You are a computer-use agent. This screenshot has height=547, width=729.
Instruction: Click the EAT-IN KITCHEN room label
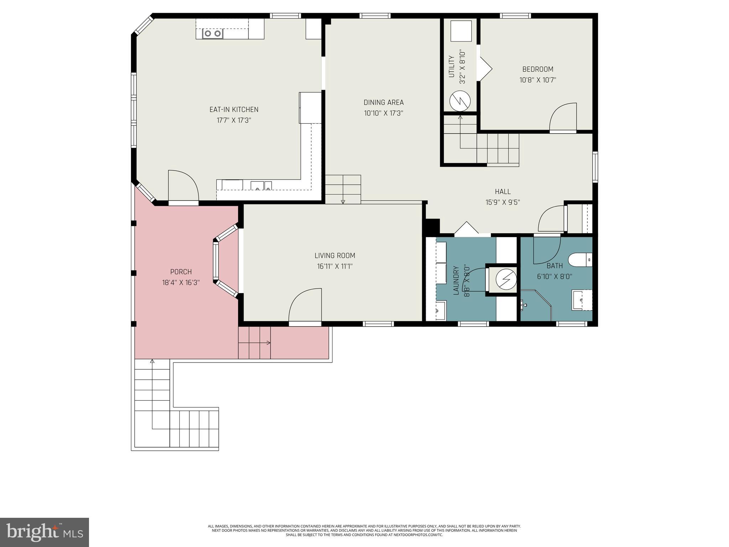pyautogui.click(x=234, y=110)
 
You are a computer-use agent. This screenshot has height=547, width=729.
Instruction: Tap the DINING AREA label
pyautogui.click(x=383, y=103)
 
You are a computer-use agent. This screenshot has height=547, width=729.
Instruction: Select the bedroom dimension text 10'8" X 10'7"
pyautogui.click(x=537, y=80)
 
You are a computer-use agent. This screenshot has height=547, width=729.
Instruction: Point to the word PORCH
pyautogui.click(x=181, y=272)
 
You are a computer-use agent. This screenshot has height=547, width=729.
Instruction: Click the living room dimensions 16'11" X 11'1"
pyautogui.click(x=335, y=266)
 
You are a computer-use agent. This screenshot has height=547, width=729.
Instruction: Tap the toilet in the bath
pyautogui.click(x=580, y=260)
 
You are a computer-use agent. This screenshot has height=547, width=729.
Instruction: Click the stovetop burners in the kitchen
pyautogui.click(x=213, y=34)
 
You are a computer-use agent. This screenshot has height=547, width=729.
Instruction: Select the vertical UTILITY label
pyautogui.click(x=451, y=67)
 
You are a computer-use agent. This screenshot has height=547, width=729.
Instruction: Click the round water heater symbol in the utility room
pyautogui.click(x=460, y=101)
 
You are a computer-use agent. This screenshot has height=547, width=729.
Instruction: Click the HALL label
pyautogui.click(x=503, y=192)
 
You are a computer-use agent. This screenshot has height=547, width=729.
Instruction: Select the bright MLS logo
pyautogui.click(x=44, y=532)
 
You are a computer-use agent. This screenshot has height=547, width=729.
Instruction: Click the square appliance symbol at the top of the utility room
pyautogui.click(x=461, y=31)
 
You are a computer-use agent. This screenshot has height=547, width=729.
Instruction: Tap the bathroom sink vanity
pyautogui.click(x=582, y=300)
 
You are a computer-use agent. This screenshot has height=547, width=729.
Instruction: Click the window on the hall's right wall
pyautogui.click(x=595, y=167)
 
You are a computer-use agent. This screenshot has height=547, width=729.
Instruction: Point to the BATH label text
pyautogui.click(x=555, y=266)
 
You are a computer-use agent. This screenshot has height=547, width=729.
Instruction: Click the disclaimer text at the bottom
pyautogui.click(x=364, y=540)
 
